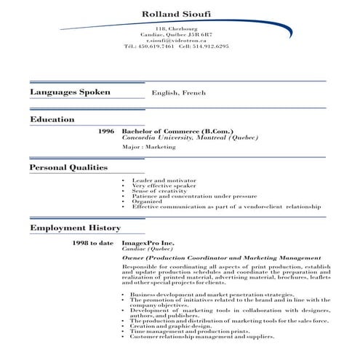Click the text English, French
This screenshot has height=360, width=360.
tap(179, 93)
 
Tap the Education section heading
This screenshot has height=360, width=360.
tap(52, 119)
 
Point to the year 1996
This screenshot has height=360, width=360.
tap(106, 132)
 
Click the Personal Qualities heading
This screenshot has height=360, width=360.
tap(68, 167)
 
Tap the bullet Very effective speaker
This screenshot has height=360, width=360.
tap(163, 185)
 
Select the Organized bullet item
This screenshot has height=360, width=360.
tap(147, 201)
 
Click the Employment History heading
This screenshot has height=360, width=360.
tap(75, 228)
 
